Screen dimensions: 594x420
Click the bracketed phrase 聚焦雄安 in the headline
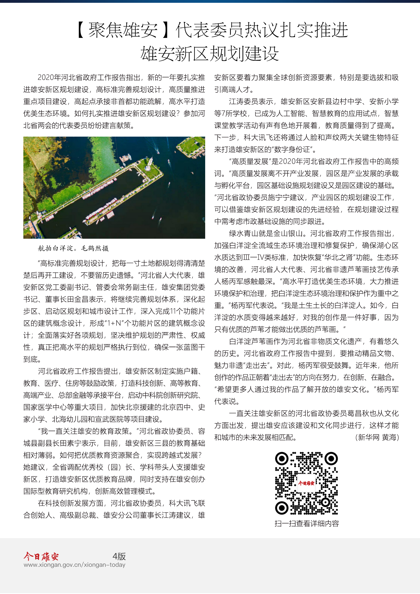point(123,30)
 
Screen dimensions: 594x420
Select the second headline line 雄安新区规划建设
point(210,54)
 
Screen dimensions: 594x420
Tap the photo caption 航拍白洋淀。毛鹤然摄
point(73,248)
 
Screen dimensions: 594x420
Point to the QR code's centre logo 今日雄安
point(306,483)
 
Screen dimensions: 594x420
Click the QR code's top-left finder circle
point(282,459)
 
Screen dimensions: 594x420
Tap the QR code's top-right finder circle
point(331,459)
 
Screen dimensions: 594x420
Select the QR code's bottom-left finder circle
point(282,508)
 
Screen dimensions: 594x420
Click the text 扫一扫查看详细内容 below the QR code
point(306,524)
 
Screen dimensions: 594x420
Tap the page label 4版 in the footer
point(119,556)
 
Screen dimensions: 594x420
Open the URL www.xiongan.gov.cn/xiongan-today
point(74,565)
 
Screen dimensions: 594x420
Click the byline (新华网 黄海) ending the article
point(377,437)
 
